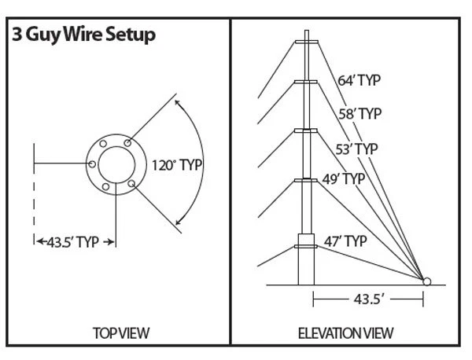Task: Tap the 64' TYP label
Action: tap(360, 79)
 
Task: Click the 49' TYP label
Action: tap(344, 178)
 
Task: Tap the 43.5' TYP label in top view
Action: tap(76, 242)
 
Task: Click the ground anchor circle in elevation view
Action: tap(427, 281)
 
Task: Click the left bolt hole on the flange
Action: tap(93, 164)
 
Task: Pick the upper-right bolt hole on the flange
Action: tap(128, 143)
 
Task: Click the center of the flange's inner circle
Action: tap(116, 164)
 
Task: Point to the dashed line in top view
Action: tap(34, 206)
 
